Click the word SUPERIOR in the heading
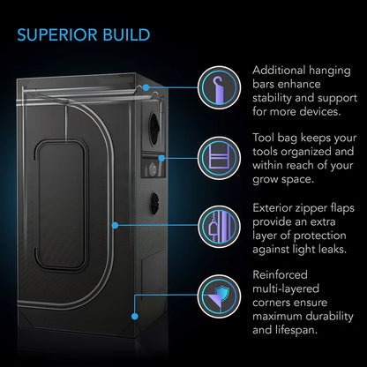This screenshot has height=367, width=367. click(57, 34)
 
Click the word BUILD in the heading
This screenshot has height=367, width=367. click(126, 34)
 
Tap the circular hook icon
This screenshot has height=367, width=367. click(219, 87)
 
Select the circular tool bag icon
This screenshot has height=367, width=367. click(219, 158)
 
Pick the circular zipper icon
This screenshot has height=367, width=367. click(219, 227)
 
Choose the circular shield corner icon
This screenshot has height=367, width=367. click(219, 296)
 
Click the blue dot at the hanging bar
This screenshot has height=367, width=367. click(146, 87)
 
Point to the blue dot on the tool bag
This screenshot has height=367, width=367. click(161, 158)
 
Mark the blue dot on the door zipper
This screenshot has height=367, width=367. click(116, 226)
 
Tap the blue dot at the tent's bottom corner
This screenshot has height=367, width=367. click(135, 317)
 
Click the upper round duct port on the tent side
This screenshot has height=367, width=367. click(154, 129)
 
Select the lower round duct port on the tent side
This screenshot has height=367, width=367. click(154, 204)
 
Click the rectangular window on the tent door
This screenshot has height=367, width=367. click(61, 206)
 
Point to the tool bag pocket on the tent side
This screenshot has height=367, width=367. click(153, 168)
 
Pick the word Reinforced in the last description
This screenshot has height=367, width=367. click(280, 274)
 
